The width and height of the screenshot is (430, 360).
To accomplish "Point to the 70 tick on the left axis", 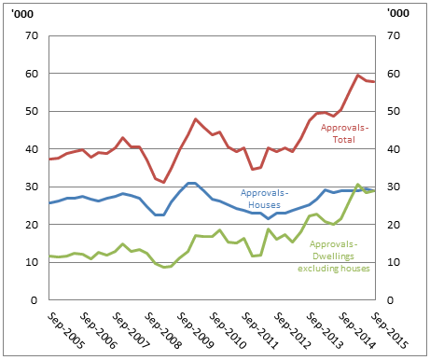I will point(30,36).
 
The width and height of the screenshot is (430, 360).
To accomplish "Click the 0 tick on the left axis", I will point(34,300).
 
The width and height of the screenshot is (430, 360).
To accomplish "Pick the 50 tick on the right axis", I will point(391,112).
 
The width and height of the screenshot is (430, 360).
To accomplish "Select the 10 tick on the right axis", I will point(391,263).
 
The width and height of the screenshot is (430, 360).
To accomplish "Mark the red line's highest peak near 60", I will point(358,75).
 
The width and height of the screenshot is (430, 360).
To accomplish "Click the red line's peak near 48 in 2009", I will point(196,119).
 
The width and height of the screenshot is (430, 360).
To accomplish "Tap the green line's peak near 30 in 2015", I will point(358,185).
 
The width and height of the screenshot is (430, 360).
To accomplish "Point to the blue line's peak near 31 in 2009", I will point(190,183).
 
